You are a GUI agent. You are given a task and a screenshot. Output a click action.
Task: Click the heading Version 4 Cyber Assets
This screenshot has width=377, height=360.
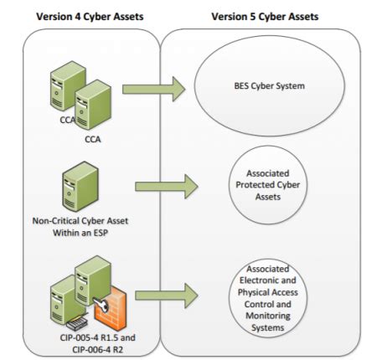coord(90,17)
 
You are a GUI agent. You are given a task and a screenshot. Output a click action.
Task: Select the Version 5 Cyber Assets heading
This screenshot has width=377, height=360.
coord(265,17)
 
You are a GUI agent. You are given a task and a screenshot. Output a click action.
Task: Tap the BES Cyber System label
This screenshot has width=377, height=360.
coord(269,86)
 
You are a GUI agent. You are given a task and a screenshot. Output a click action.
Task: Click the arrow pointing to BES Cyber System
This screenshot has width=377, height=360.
coord(153,89)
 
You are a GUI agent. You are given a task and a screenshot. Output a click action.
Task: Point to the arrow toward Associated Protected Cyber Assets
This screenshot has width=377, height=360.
coord(167,187)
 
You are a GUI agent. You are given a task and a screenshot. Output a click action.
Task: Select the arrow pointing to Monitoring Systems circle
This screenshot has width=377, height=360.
coord(167,296)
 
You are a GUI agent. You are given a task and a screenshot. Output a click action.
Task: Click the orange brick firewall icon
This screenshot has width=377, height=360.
coord(111,308)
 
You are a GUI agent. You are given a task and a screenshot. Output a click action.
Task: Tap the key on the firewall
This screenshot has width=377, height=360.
coord(101,304)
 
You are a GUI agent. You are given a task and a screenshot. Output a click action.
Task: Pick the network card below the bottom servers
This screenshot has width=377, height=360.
coord(77,323)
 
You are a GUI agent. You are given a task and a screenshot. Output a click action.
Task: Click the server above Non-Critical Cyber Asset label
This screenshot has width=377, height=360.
coord(80,187)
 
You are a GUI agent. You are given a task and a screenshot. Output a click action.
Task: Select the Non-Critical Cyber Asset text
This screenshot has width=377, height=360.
coord(80,221)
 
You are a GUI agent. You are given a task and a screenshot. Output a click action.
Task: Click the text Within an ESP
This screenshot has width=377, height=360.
coord(80,233)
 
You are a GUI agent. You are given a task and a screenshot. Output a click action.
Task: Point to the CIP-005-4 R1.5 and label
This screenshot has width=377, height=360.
coord(98,337)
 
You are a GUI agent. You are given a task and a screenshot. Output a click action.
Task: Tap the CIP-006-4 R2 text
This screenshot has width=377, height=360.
coord(98,350)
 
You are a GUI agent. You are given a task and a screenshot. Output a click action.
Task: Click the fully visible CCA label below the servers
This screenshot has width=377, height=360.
coord(93,139)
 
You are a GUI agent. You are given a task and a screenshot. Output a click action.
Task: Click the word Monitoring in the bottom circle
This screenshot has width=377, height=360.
coord(268,316)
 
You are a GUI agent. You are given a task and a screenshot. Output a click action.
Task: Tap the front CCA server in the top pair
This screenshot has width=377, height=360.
coord(93,105)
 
